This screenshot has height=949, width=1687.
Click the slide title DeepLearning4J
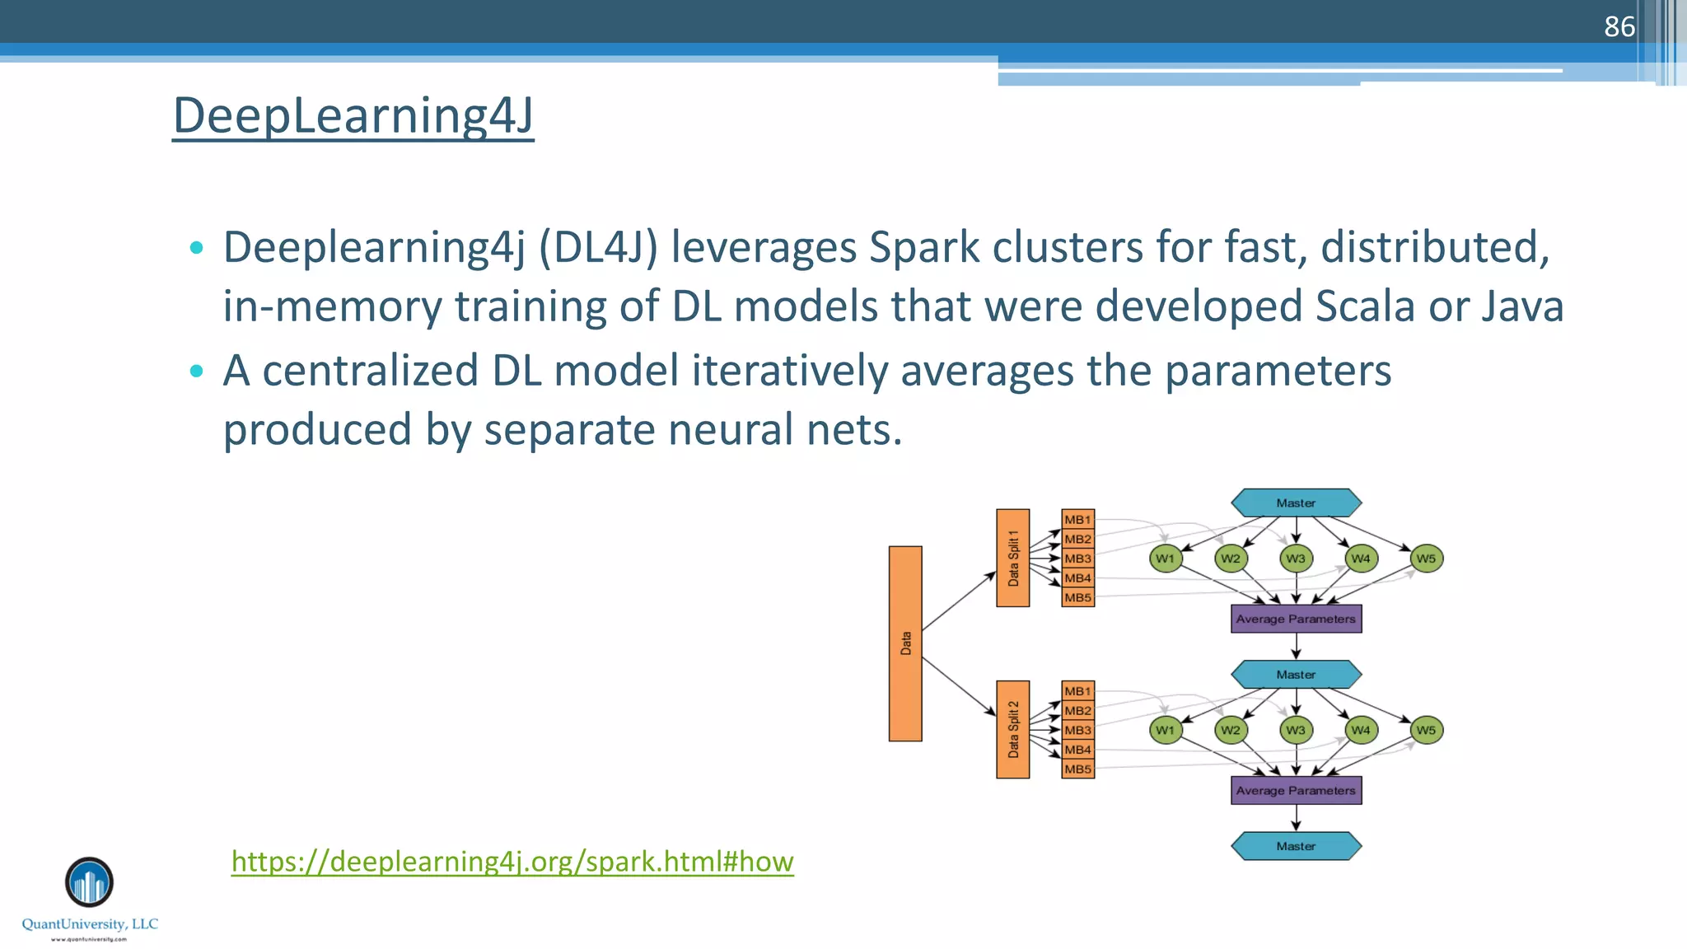pyautogui.click(x=353, y=115)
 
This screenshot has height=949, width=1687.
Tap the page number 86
pyautogui.click(x=1619, y=26)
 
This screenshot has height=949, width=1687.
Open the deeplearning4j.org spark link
pyautogui.click(x=512, y=861)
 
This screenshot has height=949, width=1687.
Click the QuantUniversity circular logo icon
pyautogui.click(x=89, y=882)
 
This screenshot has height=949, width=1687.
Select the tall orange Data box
pyautogui.click(x=905, y=643)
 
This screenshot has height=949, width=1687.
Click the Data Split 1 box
pyautogui.click(x=1012, y=558)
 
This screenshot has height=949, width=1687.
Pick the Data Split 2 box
pyautogui.click(x=1012, y=729)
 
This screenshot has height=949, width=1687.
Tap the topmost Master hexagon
pyautogui.click(x=1296, y=503)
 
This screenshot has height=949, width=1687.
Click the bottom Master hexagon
pyautogui.click(x=1296, y=846)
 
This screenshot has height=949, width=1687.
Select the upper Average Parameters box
pyautogui.click(x=1296, y=619)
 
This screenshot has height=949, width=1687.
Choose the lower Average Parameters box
pyautogui.click(x=1296, y=790)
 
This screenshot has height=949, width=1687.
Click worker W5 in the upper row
pyautogui.click(x=1426, y=559)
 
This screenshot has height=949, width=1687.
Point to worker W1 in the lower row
pyautogui.click(x=1165, y=730)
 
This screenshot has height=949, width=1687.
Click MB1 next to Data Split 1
pyautogui.click(x=1077, y=519)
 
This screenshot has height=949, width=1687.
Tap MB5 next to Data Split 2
pyautogui.click(x=1077, y=769)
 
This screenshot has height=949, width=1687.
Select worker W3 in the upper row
pyautogui.click(x=1296, y=559)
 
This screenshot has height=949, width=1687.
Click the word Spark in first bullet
pyautogui.click(x=924, y=247)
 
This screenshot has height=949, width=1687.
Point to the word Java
pyautogui.click(x=1522, y=306)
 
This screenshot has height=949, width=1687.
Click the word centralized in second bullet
pyautogui.click(x=370, y=371)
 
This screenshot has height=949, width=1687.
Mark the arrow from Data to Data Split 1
pyautogui.click(x=959, y=601)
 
